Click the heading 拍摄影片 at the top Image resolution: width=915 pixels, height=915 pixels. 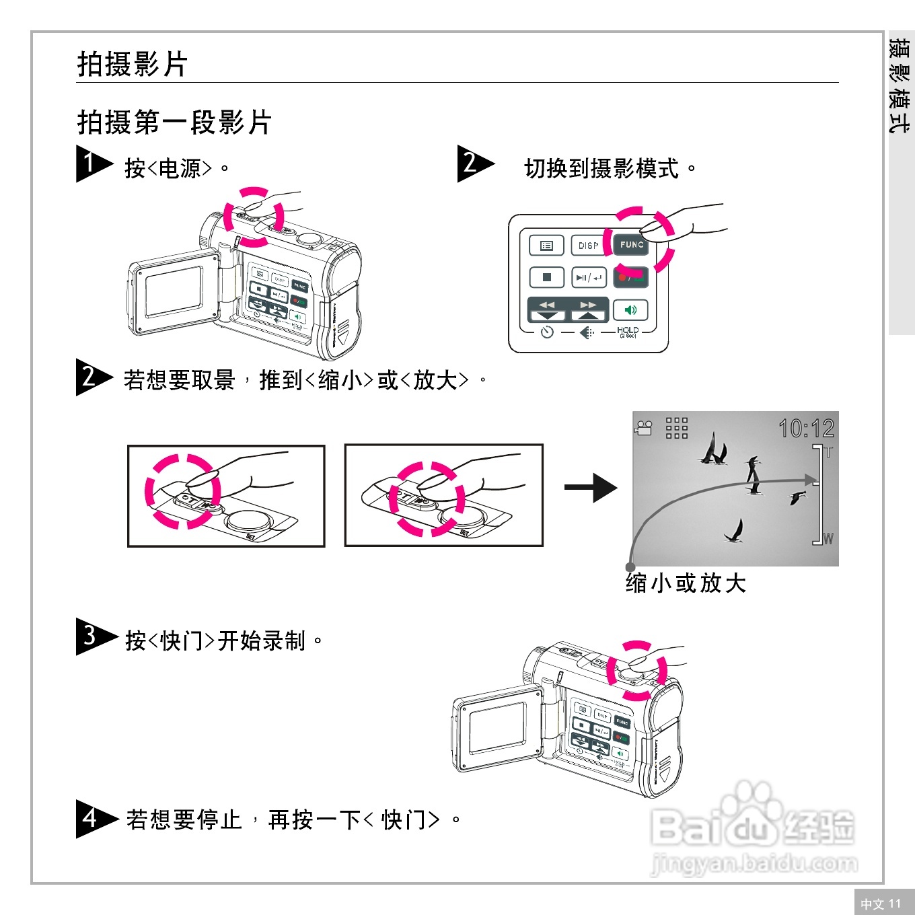click(132, 65)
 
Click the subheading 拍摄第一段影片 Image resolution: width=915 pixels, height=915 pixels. click(174, 122)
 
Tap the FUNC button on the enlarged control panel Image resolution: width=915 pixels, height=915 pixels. click(631, 245)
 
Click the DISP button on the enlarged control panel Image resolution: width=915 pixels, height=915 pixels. click(588, 246)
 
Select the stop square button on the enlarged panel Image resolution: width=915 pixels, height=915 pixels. click(546, 277)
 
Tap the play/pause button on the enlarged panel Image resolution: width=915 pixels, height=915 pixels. click(588, 277)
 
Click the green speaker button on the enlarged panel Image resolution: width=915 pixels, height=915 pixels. click(630, 310)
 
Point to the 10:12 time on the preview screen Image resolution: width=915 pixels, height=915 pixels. click(806, 429)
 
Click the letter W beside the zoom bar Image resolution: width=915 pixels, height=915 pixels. click(828, 539)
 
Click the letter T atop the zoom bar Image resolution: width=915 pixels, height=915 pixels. click(828, 453)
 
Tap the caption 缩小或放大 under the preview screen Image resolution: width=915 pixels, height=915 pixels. click(686, 583)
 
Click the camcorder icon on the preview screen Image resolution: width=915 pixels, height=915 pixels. click(644, 428)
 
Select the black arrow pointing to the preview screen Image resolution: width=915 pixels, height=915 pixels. click(590, 488)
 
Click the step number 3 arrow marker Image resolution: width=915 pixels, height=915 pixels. click(94, 636)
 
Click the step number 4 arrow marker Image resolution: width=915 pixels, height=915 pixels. click(94, 819)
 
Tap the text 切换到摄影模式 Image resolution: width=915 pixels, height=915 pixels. click(601, 168)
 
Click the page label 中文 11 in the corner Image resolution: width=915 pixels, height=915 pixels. click(881, 904)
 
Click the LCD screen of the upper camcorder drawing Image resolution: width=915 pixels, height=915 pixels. click(174, 291)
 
